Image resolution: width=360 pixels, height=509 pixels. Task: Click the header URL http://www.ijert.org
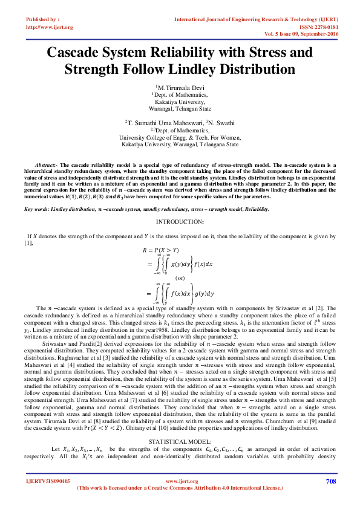click(x=50, y=27)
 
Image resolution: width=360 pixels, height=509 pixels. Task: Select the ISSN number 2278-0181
click(x=324, y=27)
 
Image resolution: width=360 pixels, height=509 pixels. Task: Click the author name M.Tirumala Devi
click(x=181, y=88)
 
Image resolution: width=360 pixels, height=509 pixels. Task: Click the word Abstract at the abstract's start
click(x=46, y=165)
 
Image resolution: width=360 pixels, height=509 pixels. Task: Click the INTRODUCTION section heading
click(x=179, y=222)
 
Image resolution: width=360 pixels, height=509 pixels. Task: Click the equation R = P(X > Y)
click(x=161, y=249)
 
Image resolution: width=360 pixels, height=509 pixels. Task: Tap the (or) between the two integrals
click(x=180, y=277)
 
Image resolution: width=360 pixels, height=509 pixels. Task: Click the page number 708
click(x=330, y=481)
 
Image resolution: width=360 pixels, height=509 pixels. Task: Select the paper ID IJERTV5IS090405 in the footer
click(x=48, y=481)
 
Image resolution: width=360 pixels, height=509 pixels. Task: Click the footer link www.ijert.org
click(x=179, y=481)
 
